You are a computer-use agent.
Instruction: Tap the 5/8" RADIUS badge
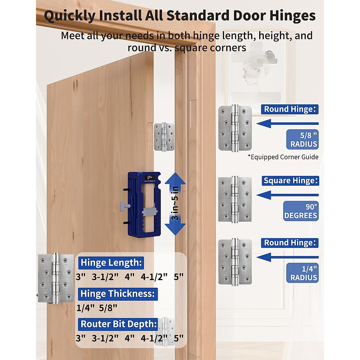point(302,139)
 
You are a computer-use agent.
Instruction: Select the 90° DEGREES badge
point(301,211)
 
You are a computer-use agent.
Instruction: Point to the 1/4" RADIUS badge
point(302,273)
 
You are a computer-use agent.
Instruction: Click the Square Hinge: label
point(290,181)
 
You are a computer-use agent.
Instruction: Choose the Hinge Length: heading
point(111,262)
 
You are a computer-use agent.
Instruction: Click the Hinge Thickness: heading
point(118,294)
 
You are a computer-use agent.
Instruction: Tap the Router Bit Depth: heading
point(118,324)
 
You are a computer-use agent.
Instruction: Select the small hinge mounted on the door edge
point(164,137)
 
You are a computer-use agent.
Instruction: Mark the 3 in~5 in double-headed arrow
point(175,204)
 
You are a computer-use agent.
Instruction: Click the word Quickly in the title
point(70,16)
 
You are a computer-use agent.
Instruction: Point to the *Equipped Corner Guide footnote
point(283,157)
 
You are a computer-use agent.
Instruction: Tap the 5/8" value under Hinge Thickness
point(108,308)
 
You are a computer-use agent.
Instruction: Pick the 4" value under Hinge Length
point(130,277)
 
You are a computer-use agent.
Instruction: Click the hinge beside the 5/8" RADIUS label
point(235,128)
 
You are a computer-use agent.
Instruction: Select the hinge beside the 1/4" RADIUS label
point(235,262)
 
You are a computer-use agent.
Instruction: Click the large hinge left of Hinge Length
point(56,278)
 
